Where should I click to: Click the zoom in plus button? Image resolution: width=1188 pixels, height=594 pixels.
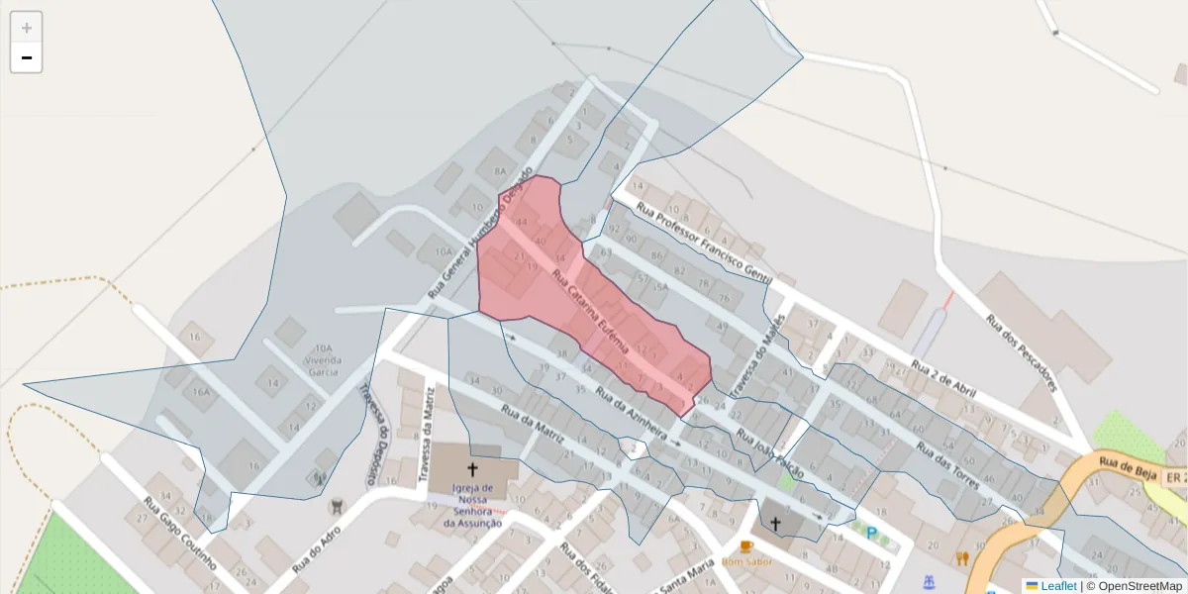click(x=26, y=28)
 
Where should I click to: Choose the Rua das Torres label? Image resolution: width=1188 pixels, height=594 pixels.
click(x=947, y=465)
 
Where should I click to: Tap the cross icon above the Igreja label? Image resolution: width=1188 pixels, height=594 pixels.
click(x=472, y=470)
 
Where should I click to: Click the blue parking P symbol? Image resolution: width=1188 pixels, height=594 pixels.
click(x=872, y=533)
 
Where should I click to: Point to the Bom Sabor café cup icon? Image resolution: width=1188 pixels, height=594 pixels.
click(x=745, y=546)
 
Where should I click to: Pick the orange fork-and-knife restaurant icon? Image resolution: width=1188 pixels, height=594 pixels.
click(x=961, y=558)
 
